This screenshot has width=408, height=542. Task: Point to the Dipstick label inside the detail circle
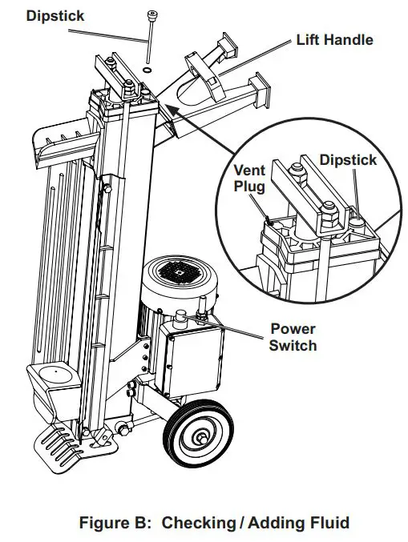point(348,160)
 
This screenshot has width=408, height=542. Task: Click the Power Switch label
point(293,337)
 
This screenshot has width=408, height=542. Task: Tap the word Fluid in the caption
point(328,523)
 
